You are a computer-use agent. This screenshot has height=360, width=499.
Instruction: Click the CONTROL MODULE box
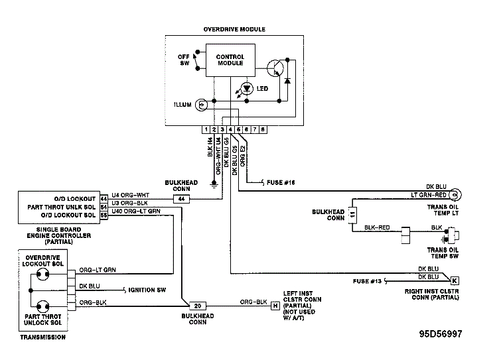[230, 60]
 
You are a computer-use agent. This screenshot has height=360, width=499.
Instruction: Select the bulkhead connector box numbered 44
[180, 198]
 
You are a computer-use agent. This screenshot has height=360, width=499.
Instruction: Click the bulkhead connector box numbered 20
[197, 306]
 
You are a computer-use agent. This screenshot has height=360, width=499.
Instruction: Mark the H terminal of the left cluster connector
[274, 306]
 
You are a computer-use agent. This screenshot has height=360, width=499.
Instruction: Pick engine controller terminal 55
[104, 215]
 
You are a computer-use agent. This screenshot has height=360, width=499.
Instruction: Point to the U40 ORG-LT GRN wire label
[136, 211]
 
